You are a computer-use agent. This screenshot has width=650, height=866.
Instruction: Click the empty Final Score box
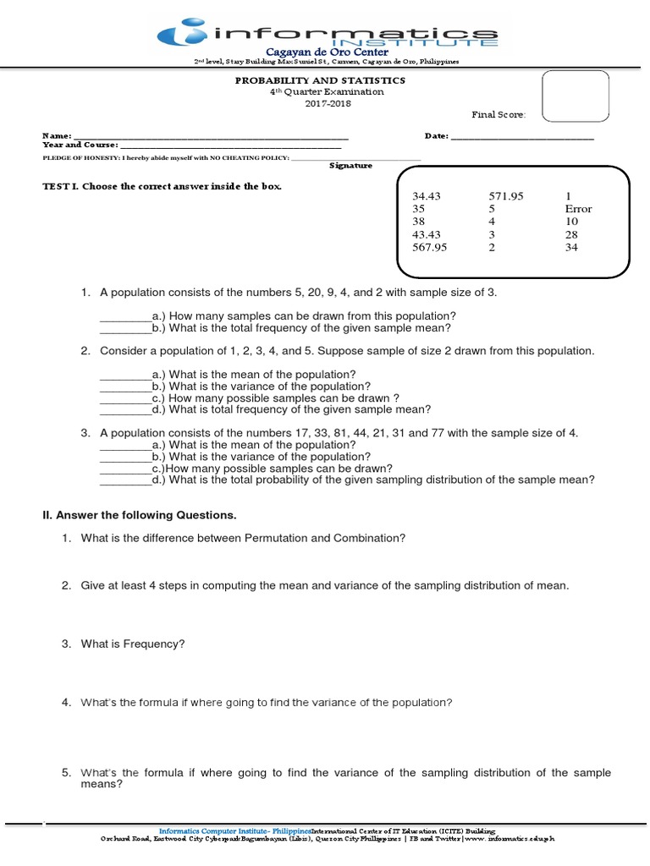(575, 97)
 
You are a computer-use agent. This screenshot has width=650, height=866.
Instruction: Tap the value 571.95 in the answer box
(506, 196)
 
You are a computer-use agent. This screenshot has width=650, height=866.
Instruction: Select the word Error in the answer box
(578, 209)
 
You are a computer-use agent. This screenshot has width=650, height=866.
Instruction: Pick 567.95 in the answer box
(429, 248)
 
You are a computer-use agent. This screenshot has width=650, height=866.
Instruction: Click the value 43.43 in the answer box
(427, 234)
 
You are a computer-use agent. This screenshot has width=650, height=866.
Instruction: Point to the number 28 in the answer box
(571, 234)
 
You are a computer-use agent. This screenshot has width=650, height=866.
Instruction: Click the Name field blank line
(211, 137)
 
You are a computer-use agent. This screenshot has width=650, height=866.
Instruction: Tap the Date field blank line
(521, 137)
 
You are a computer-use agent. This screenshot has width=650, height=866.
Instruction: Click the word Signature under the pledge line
(350, 166)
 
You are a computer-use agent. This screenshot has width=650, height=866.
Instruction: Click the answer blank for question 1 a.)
(125, 318)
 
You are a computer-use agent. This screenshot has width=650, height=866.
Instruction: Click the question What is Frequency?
(133, 644)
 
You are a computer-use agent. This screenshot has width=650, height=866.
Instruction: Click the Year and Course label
(80, 145)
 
